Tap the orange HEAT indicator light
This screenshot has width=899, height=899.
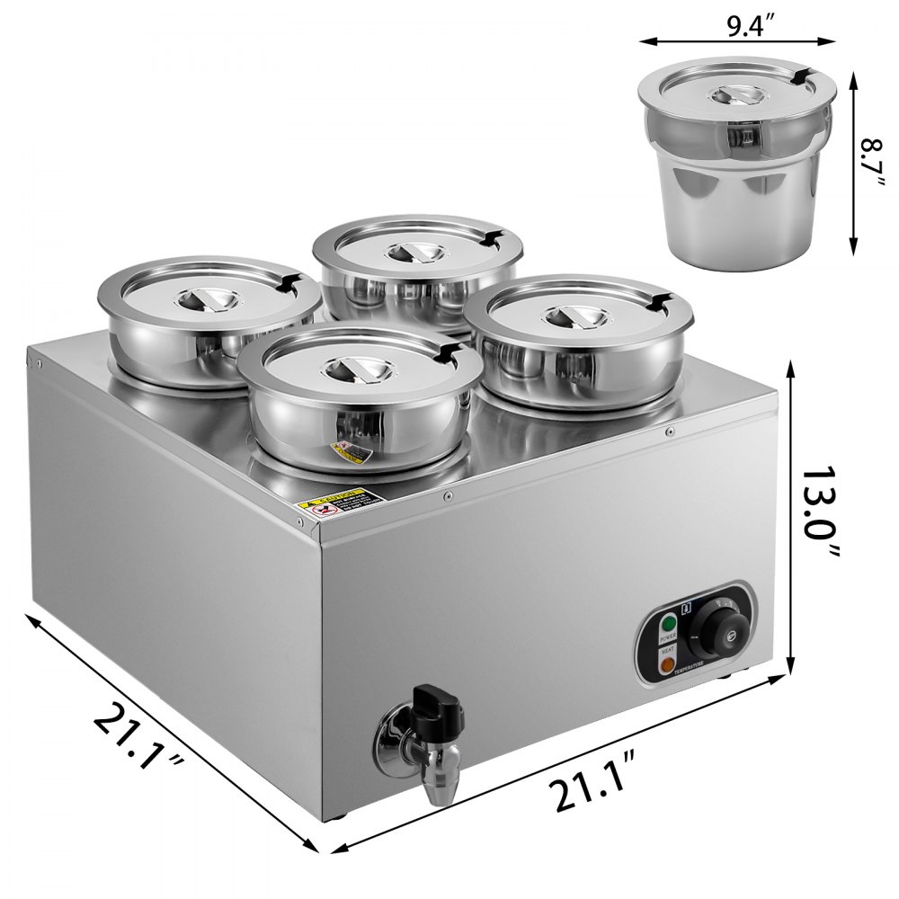(667, 666)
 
